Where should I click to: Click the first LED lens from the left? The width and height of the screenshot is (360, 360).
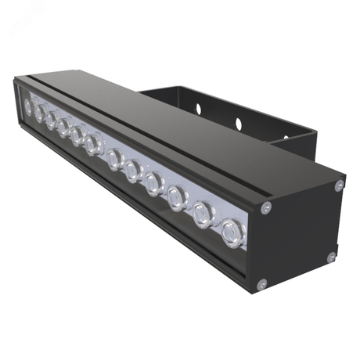click(27, 105)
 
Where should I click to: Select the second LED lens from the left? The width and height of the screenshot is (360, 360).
click(39, 113)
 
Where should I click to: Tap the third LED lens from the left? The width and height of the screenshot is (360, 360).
click(51, 121)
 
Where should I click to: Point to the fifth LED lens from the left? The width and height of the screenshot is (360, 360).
click(77, 136)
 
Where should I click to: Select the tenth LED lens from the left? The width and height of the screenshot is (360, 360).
click(176, 197)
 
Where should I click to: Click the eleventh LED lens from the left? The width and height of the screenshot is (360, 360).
click(202, 213)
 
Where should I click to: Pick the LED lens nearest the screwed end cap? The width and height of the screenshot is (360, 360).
click(230, 230)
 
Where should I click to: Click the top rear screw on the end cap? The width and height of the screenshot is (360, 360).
click(339, 185)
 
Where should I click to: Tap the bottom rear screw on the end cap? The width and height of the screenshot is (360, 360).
click(332, 257)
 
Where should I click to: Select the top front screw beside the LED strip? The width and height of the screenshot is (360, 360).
click(265, 207)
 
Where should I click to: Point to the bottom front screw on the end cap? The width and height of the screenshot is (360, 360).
click(261, 283)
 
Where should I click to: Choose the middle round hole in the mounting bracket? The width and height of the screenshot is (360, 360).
click(239, 123)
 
